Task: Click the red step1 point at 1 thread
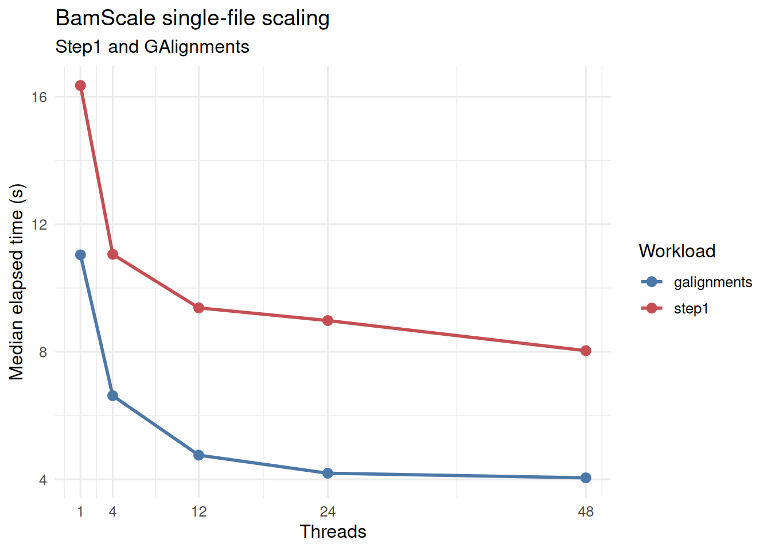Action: [80, 86]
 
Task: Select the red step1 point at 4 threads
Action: [112, 254]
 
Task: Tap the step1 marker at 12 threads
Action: [198, 308]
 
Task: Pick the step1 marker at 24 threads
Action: [328, 320]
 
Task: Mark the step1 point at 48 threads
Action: [586, 351]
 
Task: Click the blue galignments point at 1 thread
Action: [80, 255]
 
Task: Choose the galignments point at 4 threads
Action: [112, 395]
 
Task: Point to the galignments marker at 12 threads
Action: [198, 455]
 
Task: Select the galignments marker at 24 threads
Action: [328, 473]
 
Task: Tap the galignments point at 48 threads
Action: [586, 478]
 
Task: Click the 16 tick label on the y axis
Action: [39, 97]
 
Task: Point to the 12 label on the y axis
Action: [39, 224]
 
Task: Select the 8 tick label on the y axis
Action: [43, 352]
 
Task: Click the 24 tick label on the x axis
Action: [328, 511]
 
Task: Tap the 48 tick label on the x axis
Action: [586, 511]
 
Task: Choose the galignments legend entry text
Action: [712, 282]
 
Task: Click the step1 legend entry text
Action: [691, 309]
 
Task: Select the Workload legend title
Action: [677, 251]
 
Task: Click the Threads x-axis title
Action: [333, 531]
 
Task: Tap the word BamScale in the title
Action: [106, 18]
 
